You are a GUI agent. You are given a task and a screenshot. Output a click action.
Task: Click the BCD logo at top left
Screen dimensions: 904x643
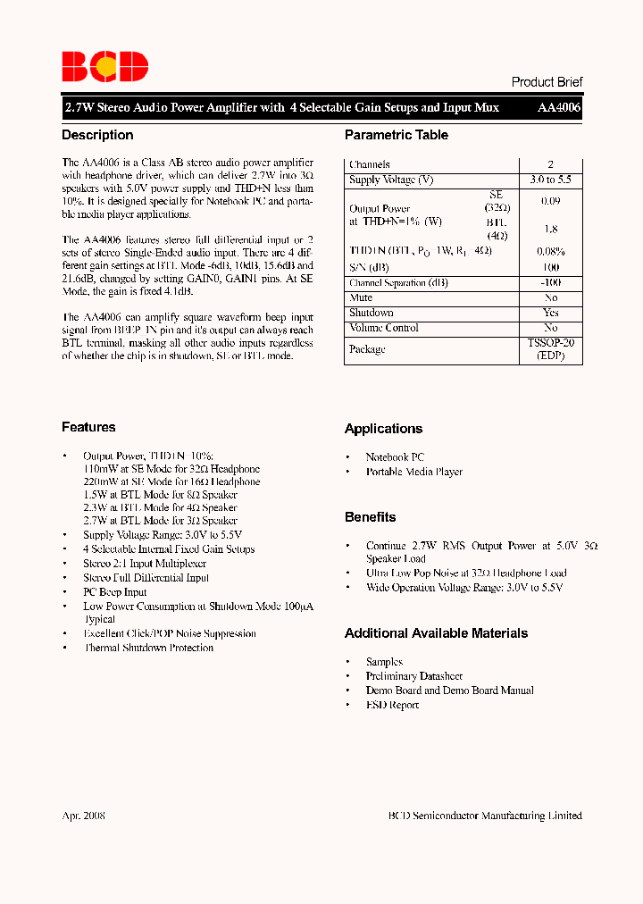(x=104, y=67)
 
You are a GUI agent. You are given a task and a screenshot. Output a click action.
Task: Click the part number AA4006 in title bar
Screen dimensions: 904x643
(x=559, y=107)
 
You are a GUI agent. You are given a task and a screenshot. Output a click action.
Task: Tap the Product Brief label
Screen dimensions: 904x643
(x=547, y=82)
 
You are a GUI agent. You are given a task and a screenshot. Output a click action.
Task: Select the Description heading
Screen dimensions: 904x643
(x=97, y=136)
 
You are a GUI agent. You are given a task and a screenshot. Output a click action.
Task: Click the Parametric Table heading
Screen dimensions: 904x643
(x=397, y=136)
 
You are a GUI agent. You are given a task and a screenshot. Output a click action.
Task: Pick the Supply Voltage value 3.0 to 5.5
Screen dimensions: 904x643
(x=550, y=180)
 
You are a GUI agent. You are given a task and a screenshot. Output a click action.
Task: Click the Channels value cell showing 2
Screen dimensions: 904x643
(x=550, y=165)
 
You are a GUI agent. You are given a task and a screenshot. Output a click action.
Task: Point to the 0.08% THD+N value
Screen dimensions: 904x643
(x=550, y=252)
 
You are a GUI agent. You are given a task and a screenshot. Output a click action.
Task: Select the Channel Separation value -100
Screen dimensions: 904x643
(x=550, y=283)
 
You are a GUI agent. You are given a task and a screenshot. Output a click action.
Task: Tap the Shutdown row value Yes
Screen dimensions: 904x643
(x=550, y=314)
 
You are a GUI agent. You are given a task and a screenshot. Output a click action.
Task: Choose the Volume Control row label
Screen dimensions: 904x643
(x=384, y=328)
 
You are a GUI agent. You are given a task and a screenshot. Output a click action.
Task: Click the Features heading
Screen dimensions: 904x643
(x=88, y=428)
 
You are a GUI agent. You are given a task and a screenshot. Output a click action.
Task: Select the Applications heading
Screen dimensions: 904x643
(x=383, y=430)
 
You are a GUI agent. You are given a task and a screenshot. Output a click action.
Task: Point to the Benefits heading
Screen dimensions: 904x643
(x=370, y=517)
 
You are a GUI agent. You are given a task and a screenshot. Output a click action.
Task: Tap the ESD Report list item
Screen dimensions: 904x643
(x=392, y=706)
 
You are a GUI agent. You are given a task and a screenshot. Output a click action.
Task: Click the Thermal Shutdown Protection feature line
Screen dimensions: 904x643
(x=148, y=649)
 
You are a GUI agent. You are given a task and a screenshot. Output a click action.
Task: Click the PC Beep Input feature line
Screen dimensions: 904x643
(x=114, y=592)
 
